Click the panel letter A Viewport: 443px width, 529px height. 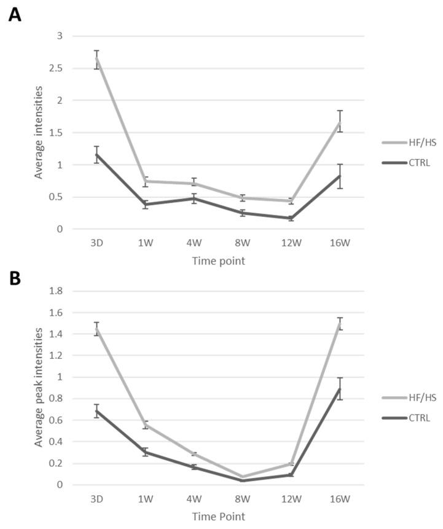point(14,15)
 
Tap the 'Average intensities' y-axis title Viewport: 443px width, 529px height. point(39,132)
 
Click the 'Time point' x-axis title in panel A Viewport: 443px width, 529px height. point(218,261)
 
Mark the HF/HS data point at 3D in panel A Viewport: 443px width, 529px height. point(96,60)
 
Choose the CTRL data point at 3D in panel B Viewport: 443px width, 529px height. point(96,411)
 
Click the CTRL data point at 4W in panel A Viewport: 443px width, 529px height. point(194,198)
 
